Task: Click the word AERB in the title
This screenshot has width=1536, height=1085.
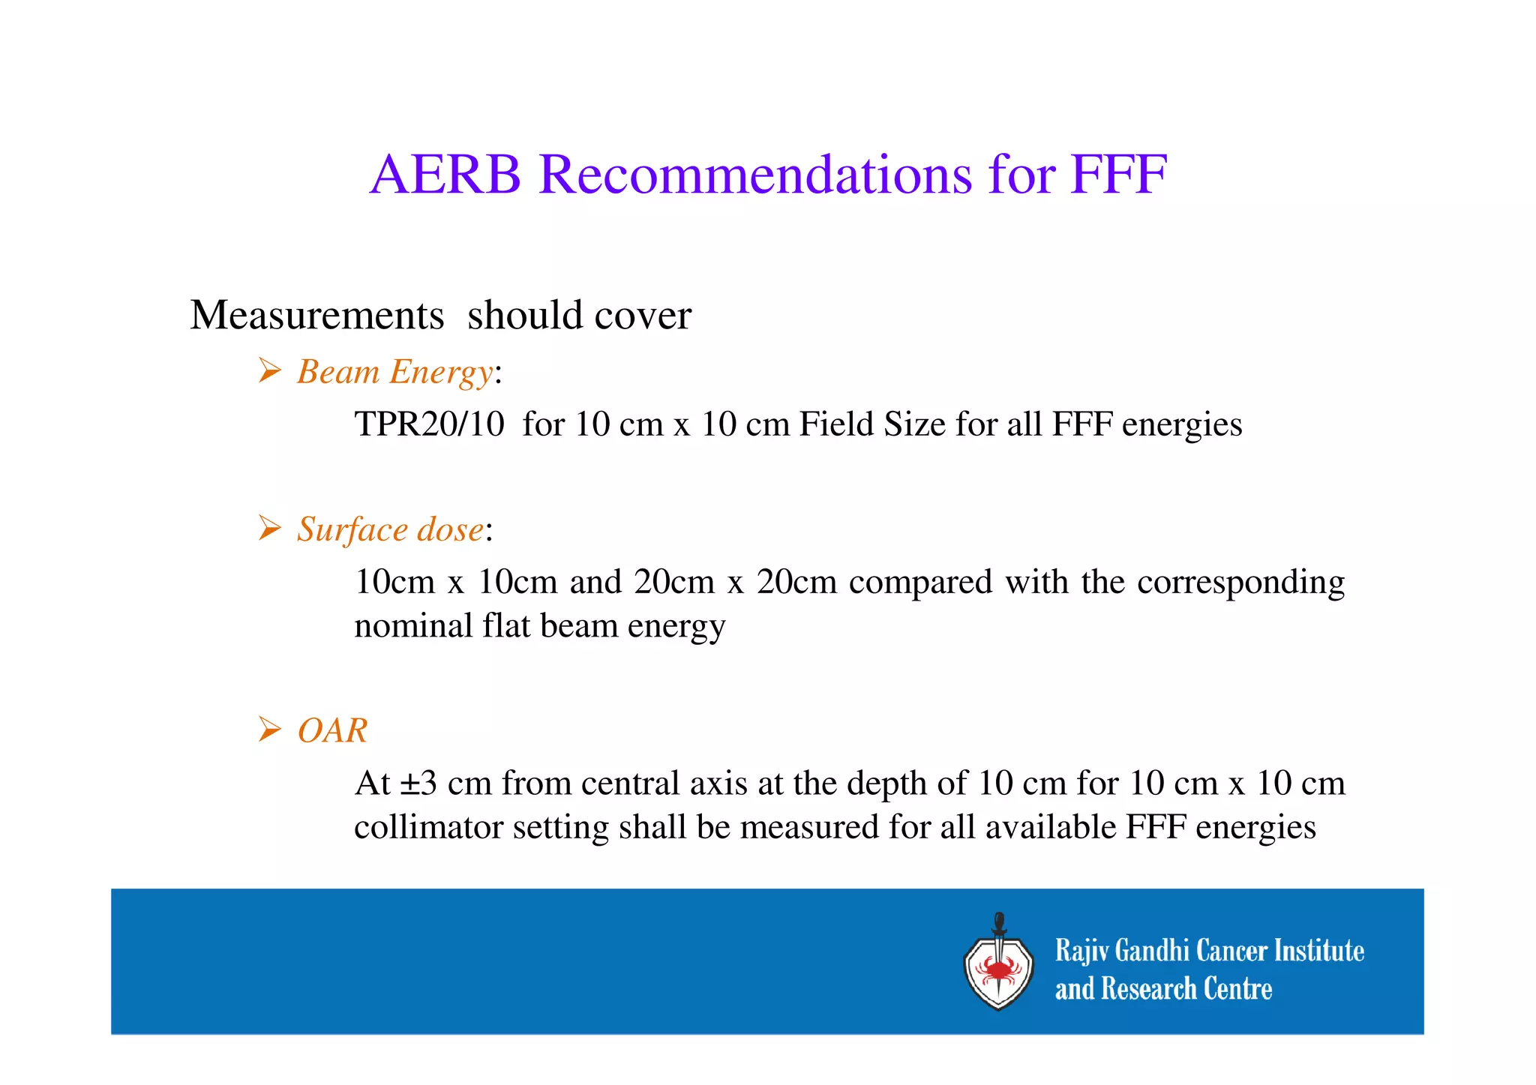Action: (445, 175)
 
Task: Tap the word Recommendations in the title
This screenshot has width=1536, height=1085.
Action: (755, 175)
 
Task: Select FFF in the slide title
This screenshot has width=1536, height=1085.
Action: (1119, 175)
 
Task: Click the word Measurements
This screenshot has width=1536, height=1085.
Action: (317, 315)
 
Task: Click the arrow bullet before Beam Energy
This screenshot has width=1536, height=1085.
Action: (269, 370)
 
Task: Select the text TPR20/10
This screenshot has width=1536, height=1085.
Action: (429, 424)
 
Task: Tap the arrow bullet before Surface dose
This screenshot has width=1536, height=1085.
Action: (269, 528)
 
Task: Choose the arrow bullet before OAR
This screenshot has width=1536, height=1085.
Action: (269, 729)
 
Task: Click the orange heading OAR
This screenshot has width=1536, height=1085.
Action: (333, 730)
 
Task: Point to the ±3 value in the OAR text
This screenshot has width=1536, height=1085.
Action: (418, 784)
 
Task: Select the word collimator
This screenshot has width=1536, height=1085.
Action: (428, 828)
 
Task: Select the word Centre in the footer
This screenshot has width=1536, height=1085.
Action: (1237, 989)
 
